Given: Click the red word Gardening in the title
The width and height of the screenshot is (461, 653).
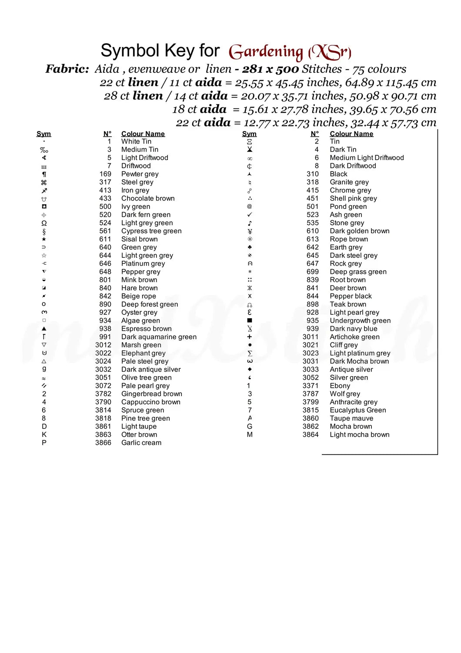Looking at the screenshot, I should (265, 52).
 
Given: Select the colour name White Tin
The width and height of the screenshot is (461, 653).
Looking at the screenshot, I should (136, 141).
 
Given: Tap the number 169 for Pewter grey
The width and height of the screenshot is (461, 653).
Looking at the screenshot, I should (105, 174).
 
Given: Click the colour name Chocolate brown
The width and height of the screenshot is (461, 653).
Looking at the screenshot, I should (148, 199).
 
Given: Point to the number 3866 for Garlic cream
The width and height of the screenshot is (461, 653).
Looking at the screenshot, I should (103, 443).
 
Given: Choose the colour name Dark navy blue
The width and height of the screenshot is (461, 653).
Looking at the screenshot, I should (353, 329).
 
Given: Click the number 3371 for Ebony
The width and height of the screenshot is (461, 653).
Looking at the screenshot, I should (311, 386).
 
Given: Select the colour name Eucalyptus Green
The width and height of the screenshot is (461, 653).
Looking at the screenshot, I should (357, 410).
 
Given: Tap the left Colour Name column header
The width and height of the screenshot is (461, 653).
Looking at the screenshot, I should (143, 134).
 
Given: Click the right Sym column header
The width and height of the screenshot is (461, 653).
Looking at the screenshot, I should (249, 134).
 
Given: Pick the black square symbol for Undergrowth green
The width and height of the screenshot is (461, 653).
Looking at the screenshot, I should (250, 320).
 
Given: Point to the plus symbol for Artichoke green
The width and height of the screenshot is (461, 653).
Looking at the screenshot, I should (250, 337).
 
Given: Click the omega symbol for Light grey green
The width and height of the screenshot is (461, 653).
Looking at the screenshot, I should (44, 223).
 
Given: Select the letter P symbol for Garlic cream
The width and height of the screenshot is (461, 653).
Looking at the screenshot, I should (44, 443).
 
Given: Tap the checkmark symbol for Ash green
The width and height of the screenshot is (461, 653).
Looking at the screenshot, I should (250, 215).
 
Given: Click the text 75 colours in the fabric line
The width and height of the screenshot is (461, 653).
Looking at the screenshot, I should (380, 69).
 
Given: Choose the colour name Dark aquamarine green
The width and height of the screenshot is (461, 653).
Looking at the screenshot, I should (159, 337).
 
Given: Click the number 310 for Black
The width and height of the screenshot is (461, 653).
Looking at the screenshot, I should (312, 174).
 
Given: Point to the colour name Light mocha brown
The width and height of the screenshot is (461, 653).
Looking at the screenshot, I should (359, 434).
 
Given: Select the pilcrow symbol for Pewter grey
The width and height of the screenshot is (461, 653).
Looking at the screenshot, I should (44, 174).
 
